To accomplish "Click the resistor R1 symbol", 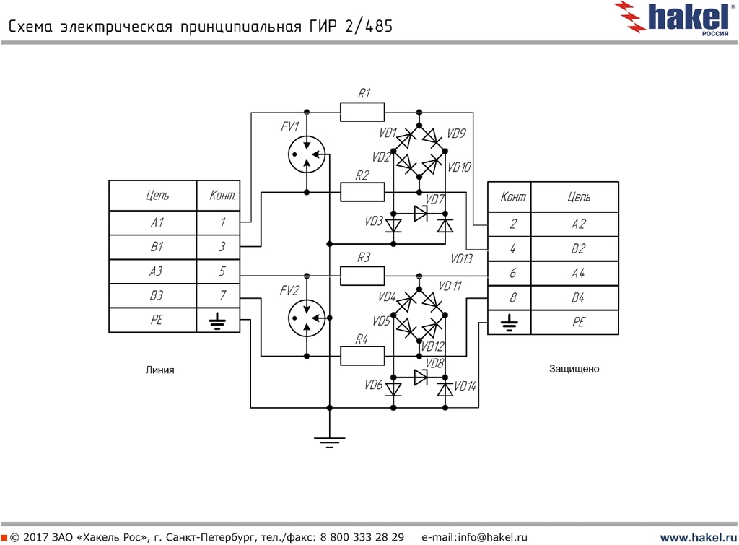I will point(362,112).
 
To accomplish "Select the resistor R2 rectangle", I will point(362,192).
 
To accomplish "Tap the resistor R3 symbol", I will point(362,275).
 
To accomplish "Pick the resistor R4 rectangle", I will point(362,355).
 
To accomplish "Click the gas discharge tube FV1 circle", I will point(306,153).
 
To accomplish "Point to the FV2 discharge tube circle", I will point(306,317).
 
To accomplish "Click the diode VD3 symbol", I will point(393,225).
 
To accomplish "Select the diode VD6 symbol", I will point(393,389).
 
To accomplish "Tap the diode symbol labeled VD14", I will point(445,389).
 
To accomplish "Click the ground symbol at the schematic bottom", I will point(329,441).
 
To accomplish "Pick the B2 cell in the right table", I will point(578,249).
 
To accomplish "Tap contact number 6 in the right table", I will point(512,274).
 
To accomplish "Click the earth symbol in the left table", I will point(216,320).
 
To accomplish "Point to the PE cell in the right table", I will point(578,322).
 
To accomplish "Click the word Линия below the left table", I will point(160,370).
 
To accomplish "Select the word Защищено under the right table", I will point(574,369).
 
